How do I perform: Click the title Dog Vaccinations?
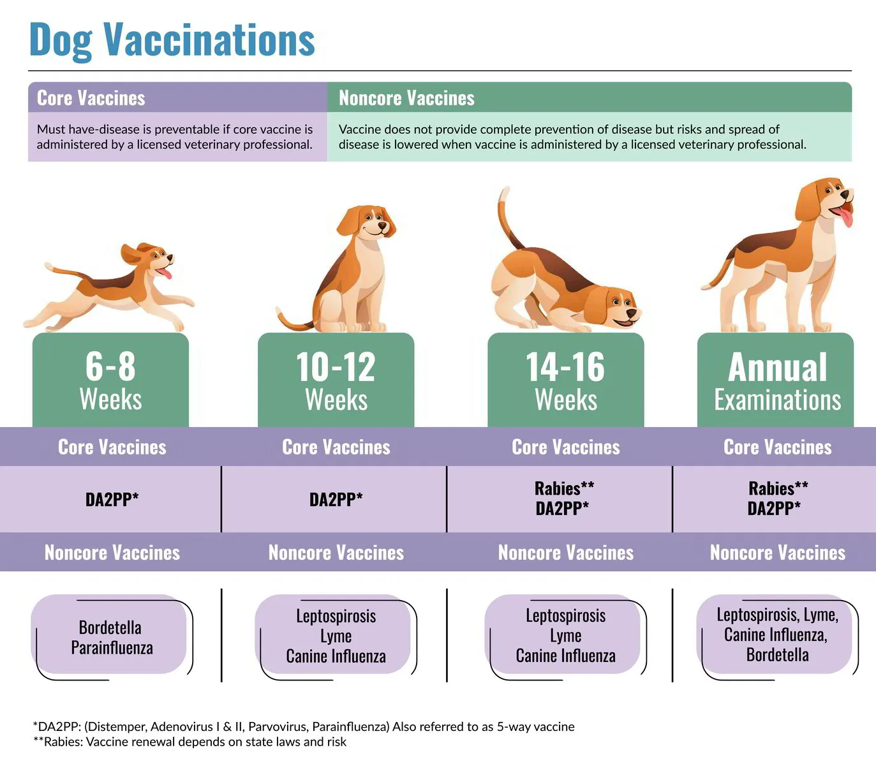coord(172,40)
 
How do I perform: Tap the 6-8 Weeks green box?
coord(110,380)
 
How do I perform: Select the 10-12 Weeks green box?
coord(336,380)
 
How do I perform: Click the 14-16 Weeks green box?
coord(565,380)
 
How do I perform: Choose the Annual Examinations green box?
coord(776,380)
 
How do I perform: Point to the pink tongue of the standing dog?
coord(845,217)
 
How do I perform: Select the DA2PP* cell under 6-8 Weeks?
coord(112,499)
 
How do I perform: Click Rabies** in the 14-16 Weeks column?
coord(564,488)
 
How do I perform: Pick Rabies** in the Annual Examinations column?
coord(778,488)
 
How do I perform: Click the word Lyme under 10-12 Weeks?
coord(336,636)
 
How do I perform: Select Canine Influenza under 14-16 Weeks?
coord(565,656)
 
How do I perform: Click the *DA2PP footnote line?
coord(304,726)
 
